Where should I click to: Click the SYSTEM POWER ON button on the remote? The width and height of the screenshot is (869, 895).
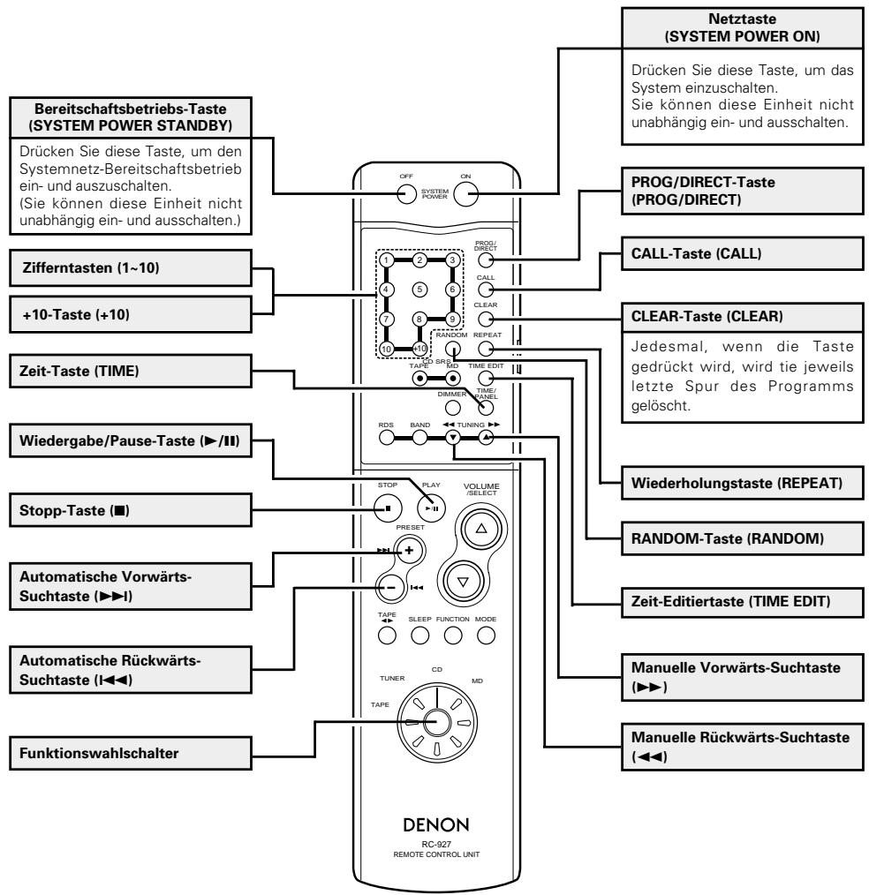(x=466, y=195)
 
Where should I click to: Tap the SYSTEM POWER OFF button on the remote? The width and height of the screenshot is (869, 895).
(x=406, y=194)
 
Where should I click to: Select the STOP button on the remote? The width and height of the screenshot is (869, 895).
(x=388, y=508)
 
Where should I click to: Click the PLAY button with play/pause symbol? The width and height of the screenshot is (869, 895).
(x=431, y=508)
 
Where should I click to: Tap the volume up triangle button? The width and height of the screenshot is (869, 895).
(x=481, y=529)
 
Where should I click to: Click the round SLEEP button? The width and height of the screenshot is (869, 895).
(x=420, y=636)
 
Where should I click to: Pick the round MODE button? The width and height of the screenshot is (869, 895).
(x=486, y=636)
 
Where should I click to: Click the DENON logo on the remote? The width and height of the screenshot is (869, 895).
(x=436, y=824)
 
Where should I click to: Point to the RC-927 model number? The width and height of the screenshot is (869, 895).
(x=436, y=844)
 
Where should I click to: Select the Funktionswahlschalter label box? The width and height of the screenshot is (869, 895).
(x=131, y=754)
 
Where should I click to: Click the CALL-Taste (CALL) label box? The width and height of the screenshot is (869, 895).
(x=742, y=253)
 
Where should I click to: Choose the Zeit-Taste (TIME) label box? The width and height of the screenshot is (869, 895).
(x=131, y=371)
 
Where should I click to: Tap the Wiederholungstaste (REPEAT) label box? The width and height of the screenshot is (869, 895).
(x=742, y=483)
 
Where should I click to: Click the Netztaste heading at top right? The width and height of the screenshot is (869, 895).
(x=742, y=19)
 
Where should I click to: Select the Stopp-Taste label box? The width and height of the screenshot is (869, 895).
(x=131, y=510)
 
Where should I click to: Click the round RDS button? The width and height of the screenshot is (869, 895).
(x=387, y=438)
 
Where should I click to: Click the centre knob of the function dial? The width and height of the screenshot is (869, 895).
(x=437, y=723)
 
